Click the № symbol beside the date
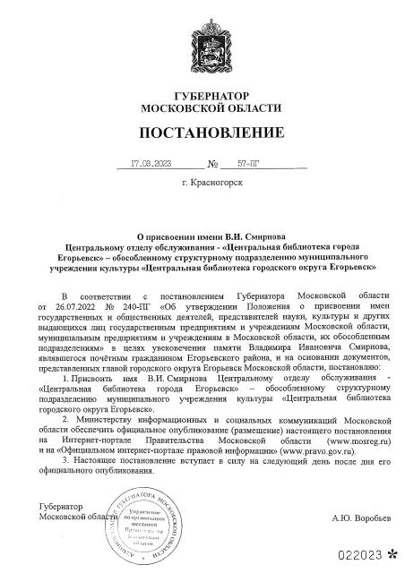coord(213,165)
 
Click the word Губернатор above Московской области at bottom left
coord(47,508)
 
